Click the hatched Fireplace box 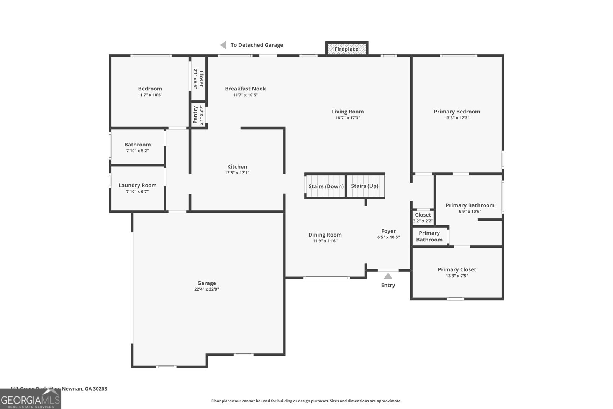347,49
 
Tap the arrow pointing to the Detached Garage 223,45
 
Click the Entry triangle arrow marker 388,276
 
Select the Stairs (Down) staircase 326,186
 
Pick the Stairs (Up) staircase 365,186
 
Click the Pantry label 195,115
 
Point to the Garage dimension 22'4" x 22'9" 207,289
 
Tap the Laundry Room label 137,185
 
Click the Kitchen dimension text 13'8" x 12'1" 237,173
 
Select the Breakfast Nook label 245,89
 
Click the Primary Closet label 457,269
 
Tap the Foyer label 388,231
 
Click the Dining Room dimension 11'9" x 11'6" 325,241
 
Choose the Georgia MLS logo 31,399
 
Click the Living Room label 347,112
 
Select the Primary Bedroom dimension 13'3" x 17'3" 457,118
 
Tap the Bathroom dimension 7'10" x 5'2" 137,151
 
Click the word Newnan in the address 72,389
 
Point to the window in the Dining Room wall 326,278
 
